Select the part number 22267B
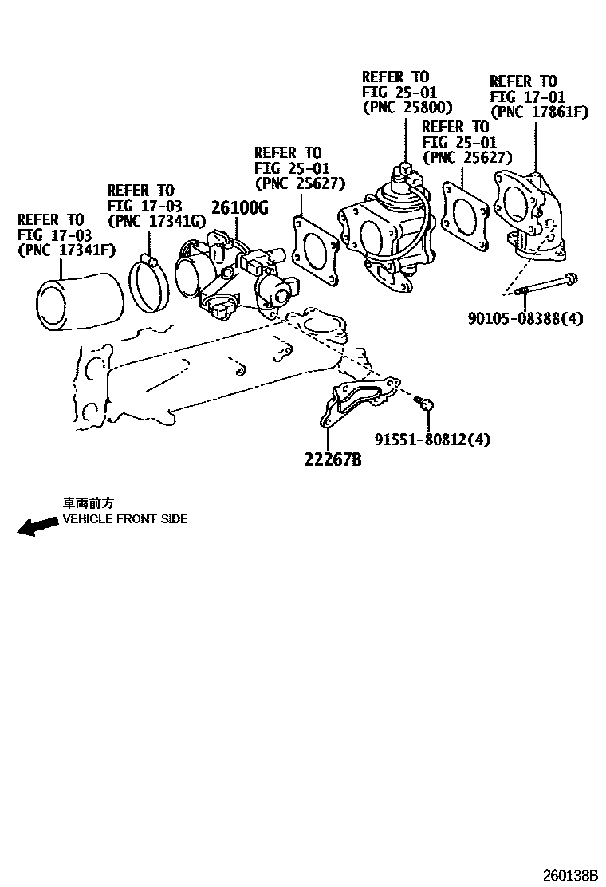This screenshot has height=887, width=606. coord(332,460)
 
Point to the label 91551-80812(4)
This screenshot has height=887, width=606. coord(432,439)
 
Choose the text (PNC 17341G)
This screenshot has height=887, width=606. coord(155,220)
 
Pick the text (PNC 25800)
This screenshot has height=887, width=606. coord(407,108)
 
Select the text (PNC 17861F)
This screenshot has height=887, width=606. coord(539,112)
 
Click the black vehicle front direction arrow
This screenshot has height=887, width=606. coord(37,526)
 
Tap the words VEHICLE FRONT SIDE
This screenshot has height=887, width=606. coord(125,519)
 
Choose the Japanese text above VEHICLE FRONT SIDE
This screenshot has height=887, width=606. coord(89,503)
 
